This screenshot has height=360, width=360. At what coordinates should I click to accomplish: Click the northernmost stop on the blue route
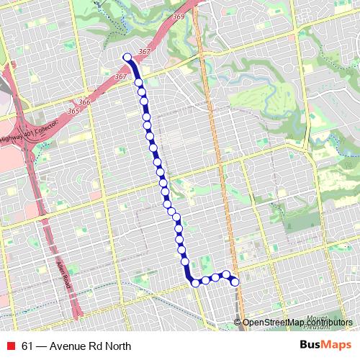point(127,58)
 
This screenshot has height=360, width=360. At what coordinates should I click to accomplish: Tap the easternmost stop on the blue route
point(235,282)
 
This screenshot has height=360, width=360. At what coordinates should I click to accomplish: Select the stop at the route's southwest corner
point(195,282)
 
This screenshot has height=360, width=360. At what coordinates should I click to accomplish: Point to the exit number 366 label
point(85,103)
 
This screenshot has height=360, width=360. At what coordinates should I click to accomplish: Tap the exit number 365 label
point(73,112)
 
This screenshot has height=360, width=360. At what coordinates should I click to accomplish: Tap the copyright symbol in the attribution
point(238,322)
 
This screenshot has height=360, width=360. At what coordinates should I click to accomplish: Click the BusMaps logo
point(325,344)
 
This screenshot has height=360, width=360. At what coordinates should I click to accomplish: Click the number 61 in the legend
point(27,345)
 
